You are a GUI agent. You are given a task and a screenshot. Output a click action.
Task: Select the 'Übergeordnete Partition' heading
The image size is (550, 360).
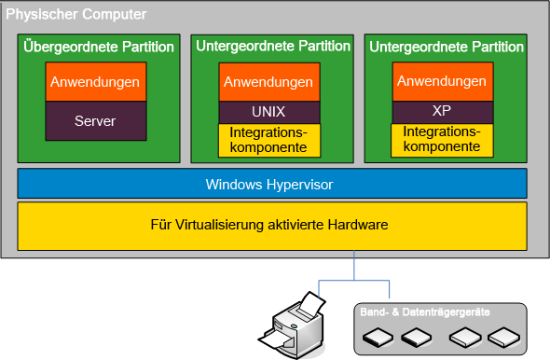[98, 47]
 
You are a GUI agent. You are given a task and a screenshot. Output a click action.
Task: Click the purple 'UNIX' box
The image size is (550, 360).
[269, 111]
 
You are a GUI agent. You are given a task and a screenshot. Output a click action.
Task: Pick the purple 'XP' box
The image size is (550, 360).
[442, 110]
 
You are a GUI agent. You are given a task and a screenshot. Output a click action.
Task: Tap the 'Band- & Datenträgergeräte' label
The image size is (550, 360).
[425, 311]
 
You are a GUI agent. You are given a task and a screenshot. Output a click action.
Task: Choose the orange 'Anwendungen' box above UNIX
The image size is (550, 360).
[269, 82]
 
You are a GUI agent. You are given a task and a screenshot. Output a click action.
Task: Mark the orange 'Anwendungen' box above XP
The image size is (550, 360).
[442, 82]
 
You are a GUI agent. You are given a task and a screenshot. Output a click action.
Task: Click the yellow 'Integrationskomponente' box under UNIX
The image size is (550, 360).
[269, 140]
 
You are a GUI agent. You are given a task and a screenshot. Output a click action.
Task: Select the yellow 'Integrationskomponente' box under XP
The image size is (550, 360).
[442, 139]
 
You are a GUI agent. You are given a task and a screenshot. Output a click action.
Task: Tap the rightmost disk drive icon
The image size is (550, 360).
[503, 337]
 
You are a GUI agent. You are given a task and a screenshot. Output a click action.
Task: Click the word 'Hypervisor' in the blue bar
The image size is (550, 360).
[299, 185]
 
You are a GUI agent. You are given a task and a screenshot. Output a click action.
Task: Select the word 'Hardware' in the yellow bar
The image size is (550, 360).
[356, 226]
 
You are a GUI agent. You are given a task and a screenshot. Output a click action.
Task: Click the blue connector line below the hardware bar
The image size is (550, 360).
[354, 266]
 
